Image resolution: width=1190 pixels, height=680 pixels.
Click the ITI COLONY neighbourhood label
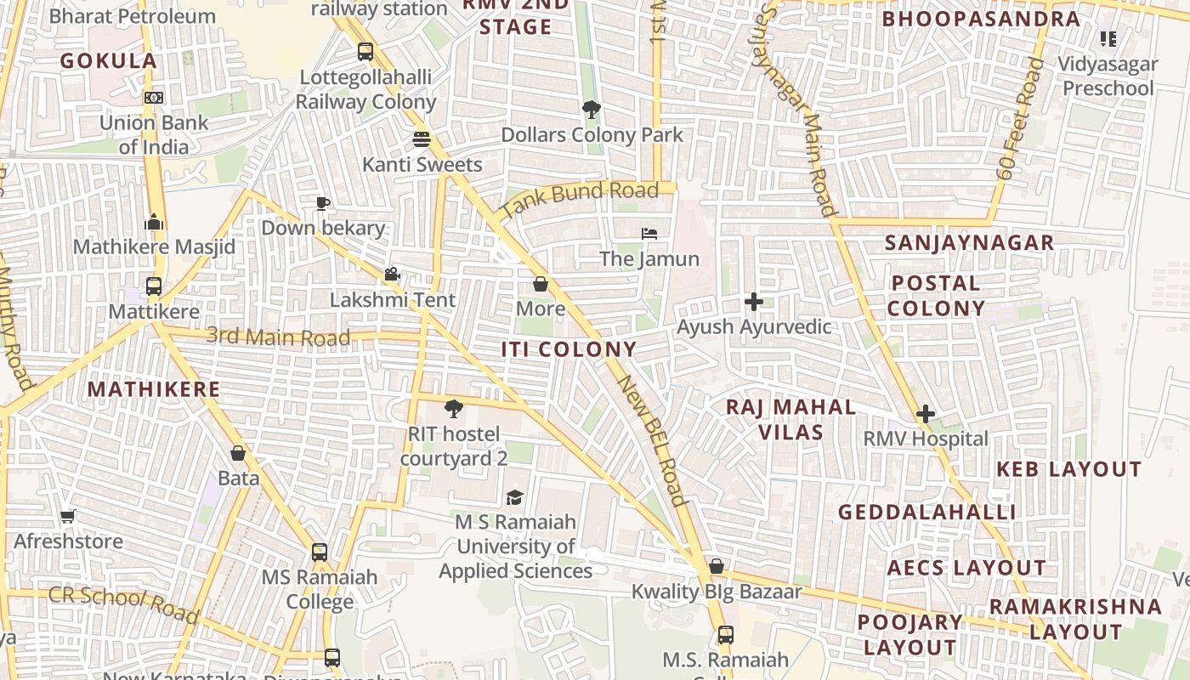point(569,349)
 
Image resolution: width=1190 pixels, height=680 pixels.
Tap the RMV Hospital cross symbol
point(926,415)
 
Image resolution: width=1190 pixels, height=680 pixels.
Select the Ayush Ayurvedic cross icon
point(753,302)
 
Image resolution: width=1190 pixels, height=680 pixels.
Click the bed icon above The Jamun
point(649,233)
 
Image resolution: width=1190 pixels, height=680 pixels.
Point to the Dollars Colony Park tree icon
point(591,110)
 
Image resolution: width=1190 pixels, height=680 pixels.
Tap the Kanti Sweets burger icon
point(422,139)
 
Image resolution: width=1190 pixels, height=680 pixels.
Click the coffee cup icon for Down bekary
point(322,203)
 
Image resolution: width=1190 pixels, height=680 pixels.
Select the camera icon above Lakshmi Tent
point(392,275)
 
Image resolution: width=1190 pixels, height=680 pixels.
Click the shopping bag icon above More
point(540,284)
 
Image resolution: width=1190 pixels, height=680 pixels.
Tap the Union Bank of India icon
point(154,98)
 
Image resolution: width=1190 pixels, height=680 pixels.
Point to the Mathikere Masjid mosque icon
point(154,222)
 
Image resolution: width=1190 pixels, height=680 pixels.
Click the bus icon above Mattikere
point(154,286)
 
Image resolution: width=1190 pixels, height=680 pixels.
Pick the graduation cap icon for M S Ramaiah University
point(514,497)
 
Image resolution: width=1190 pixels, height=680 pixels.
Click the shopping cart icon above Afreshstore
point(68,516)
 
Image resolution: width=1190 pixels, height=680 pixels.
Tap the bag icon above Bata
point(238,454)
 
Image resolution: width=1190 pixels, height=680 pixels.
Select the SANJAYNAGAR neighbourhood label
point(969,243)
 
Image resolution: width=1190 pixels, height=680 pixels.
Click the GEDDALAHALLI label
point(927,512)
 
